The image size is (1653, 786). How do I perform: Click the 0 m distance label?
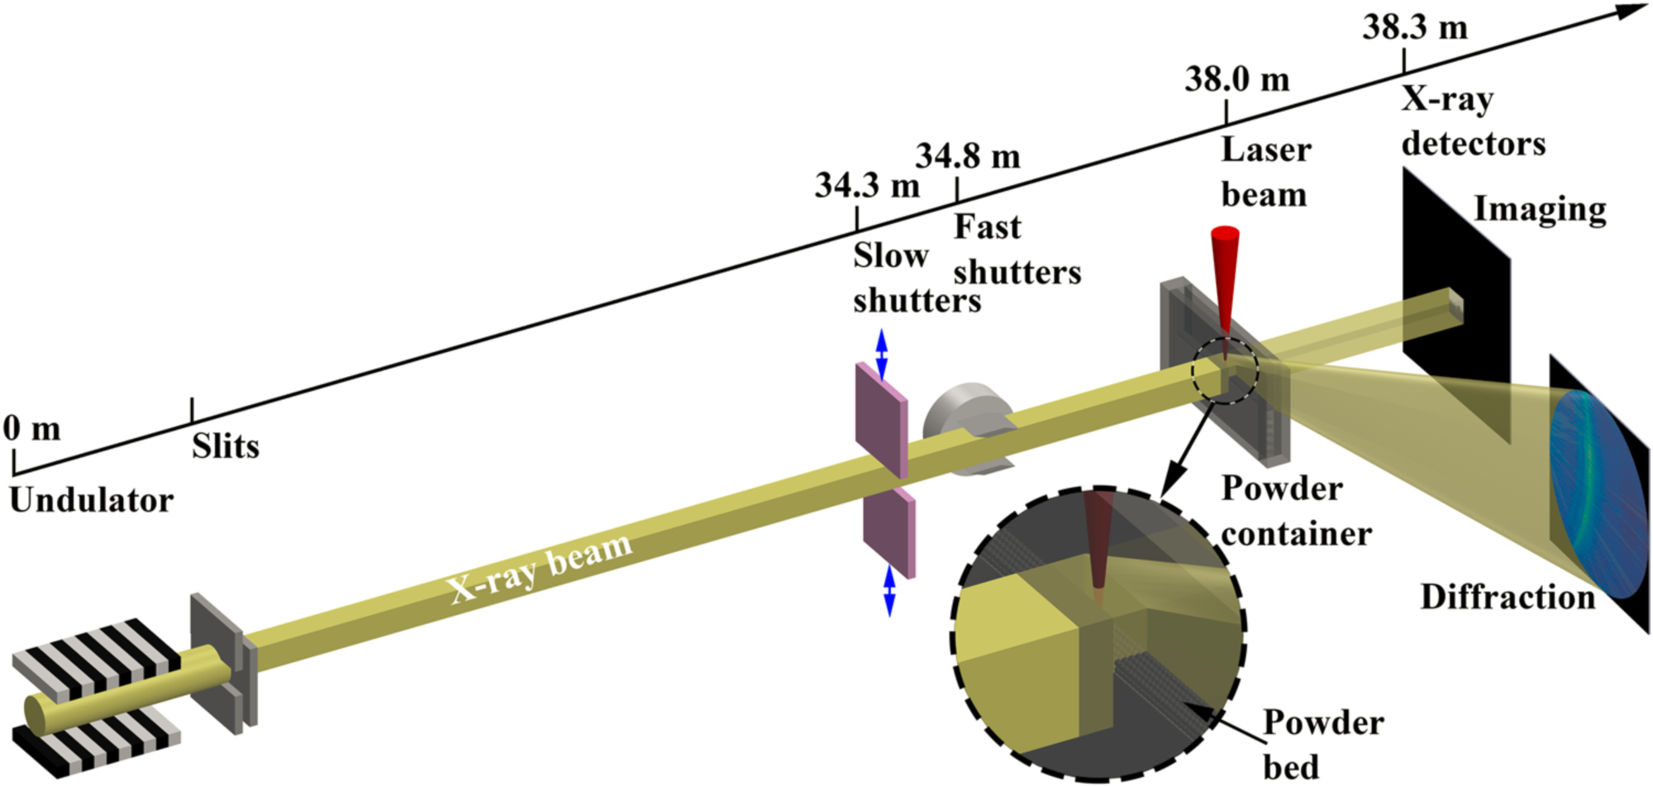32,429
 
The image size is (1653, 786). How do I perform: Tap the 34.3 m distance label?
867,185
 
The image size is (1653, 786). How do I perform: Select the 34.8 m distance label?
968,156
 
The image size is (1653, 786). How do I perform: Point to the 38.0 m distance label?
1237,79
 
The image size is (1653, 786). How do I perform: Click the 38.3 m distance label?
1415,27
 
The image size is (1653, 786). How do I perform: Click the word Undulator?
92,500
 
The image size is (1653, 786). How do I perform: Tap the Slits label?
226,446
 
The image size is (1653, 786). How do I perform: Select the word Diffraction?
1508,597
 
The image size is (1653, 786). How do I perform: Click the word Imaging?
1541,210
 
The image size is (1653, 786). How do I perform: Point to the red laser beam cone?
1225,285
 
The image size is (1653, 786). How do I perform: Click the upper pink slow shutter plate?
882,420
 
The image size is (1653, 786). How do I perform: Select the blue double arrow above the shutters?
881,355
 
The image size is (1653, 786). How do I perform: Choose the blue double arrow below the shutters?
889,591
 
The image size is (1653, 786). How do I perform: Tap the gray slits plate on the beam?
223,664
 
